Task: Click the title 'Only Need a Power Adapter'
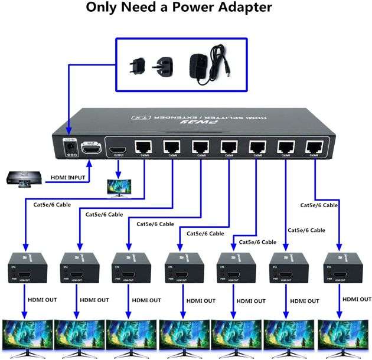(179, 8)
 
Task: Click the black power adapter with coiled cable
(208, 64)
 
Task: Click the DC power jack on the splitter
(71, 149)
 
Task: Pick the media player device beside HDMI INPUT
(24, 179)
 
